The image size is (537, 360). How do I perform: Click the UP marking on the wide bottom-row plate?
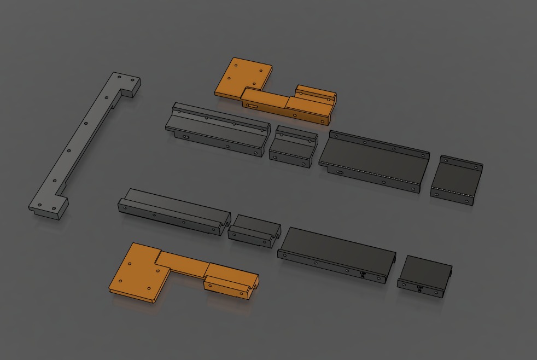pos(363,274)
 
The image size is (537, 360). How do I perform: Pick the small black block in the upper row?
pos(294,146)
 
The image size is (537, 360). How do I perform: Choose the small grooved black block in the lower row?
pos(254,229)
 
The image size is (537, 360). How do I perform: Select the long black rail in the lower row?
pos(172,210)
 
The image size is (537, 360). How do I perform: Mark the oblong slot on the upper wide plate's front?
pos(340,173)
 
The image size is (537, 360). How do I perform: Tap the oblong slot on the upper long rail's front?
pos(186,137)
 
